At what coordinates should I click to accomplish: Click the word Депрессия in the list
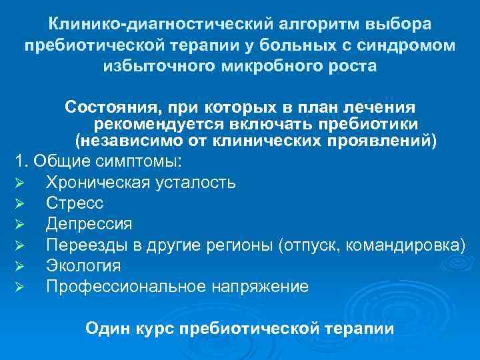tap(89, 224)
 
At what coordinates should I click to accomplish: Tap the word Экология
tap(83, 266)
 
